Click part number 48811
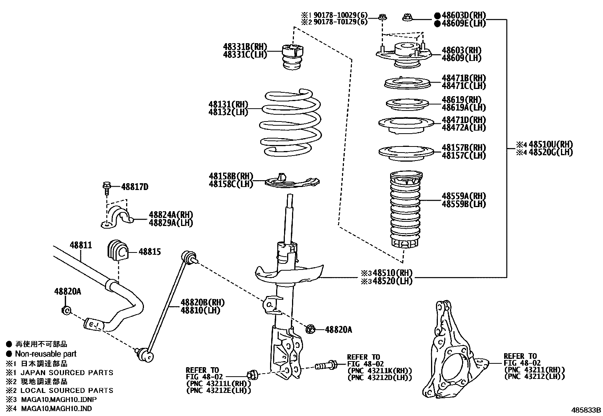(80, 245)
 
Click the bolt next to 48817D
(106, 187)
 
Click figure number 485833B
(586, 410)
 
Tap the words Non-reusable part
(45, 354)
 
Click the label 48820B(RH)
(203, 302)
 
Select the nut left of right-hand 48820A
(310, 329)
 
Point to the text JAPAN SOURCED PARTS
(67, 372)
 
